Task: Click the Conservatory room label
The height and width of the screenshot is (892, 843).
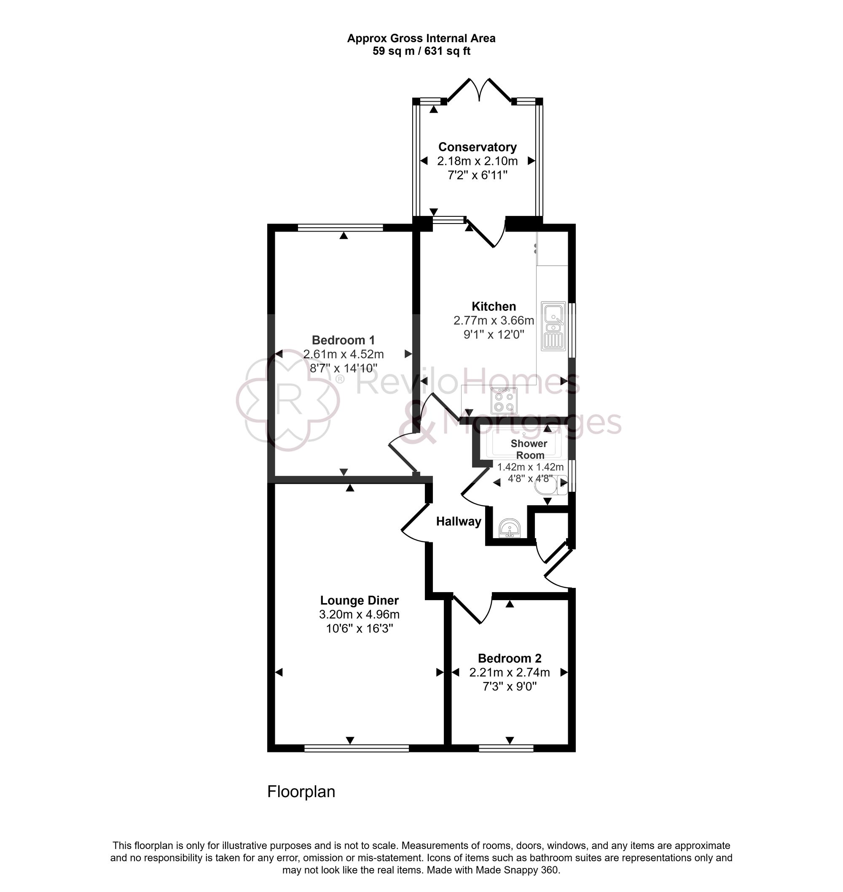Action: point(477,147)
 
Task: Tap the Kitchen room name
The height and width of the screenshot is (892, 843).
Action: point(494,307)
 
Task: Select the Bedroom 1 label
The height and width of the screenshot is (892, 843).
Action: point(343,340)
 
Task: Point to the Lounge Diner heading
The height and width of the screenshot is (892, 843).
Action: point(359,601)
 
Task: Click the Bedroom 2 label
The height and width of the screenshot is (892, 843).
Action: point(509,659)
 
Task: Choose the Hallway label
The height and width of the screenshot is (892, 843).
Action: point(458,522)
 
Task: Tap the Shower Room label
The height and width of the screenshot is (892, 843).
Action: point(529,449)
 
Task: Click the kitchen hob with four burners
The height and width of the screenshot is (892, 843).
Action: point(503,401)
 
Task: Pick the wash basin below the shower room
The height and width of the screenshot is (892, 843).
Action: point(510,528)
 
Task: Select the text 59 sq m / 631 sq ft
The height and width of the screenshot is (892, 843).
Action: point(421,51)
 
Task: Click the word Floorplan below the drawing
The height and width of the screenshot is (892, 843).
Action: point(301,792)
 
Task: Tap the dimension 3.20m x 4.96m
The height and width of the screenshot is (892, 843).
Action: point(359,614)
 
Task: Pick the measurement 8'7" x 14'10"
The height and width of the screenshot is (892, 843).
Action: point(343,368)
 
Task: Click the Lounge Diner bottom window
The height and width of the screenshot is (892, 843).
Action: point(356,749)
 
